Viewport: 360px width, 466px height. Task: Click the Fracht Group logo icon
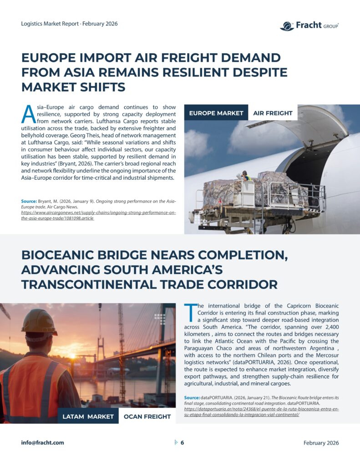pos(287,26)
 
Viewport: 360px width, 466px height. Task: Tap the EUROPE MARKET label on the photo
pos(216,113)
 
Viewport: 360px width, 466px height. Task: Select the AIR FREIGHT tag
pos(273,113)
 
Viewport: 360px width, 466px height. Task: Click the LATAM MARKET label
pos(88,416)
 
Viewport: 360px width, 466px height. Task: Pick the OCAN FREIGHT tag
pos(147,416)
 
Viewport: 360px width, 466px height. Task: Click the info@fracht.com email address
pos(42,443)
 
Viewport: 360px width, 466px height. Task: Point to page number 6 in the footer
pos(182,443)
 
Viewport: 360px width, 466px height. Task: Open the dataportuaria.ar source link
pos(261,412)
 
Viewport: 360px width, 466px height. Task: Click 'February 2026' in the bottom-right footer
pos(321,443)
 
